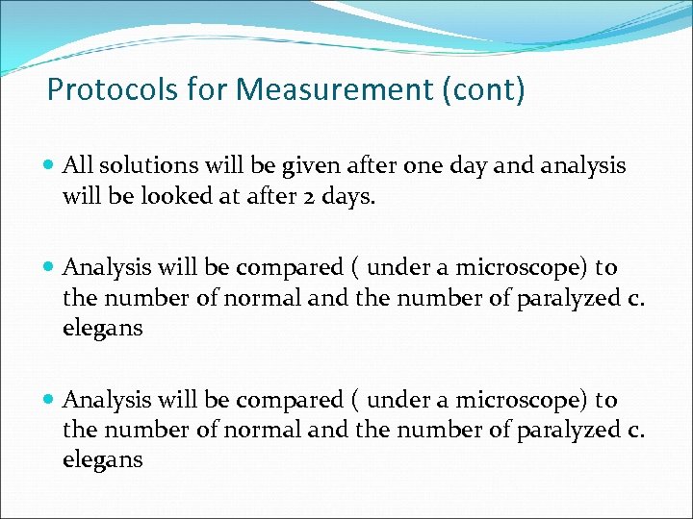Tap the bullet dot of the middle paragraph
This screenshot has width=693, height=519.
(50, 268)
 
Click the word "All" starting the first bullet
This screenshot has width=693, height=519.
(78, 166)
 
